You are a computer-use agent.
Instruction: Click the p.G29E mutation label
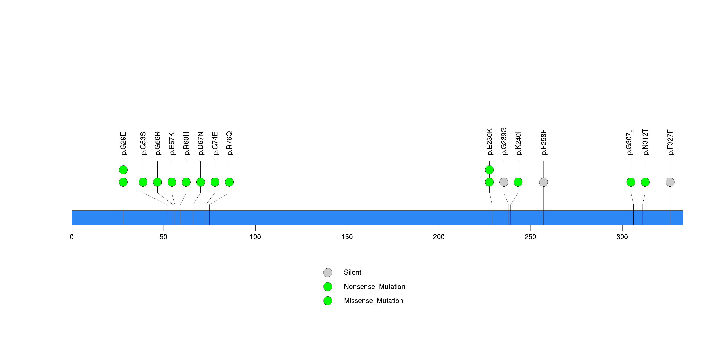(x=123, y=143)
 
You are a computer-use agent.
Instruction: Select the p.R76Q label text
(x=229, y=143)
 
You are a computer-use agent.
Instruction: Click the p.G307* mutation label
(x=629, y=142)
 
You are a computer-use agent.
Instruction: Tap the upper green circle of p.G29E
(x=123, y=170)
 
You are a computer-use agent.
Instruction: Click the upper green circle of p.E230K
(x=489, y=170)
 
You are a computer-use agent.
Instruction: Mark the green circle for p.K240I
(x=518, y=182)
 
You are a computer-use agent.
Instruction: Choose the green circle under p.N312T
(x=645, y=182)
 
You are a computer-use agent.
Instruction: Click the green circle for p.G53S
(x=143, y=182)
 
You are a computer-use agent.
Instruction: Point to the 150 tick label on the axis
(x=347, y=237)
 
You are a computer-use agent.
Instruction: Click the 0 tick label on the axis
(x=72, y=237)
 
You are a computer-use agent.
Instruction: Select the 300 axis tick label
(x=622, y=237)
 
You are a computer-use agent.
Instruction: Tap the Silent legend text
(x=352, y=272)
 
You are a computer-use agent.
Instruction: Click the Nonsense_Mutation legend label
(x=374, y=287)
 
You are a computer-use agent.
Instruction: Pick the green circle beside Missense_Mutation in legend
(x=328, y=301)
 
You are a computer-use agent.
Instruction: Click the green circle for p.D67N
(x=200, y=182)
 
